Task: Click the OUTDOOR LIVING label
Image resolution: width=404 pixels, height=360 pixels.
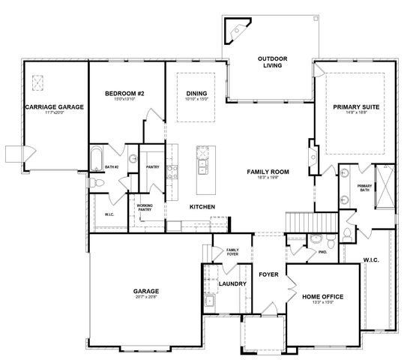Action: click(268, 62)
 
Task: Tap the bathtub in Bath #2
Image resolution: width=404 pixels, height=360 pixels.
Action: click(96, 158)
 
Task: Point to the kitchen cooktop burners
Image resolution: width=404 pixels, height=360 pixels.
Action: click(171, 174)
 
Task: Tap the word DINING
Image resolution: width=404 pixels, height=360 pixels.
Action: click(196, 93)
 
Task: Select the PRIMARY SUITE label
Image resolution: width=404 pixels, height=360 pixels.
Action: click(356, 108)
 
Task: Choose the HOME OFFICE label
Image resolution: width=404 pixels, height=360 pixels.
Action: click(322, 297)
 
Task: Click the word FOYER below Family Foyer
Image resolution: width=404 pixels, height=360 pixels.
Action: click(268, 274)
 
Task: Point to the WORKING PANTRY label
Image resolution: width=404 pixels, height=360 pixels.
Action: click(145, 207)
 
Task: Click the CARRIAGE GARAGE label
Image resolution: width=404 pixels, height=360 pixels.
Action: click(54, 107)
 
